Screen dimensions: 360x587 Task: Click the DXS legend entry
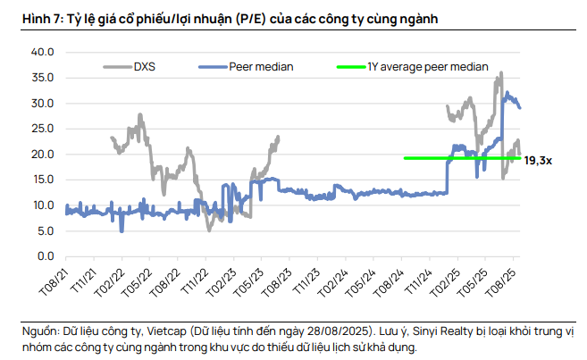(145, 66)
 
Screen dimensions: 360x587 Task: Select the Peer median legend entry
(261, 66)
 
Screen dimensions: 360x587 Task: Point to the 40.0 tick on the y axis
(42, 53)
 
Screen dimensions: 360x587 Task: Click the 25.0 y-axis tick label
(42, 129)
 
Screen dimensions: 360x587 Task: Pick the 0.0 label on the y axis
(46, 256)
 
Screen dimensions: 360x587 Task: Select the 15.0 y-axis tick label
(42, 180)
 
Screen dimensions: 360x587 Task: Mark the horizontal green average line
(447, 158)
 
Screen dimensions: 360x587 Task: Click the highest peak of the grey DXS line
(501, 73)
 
